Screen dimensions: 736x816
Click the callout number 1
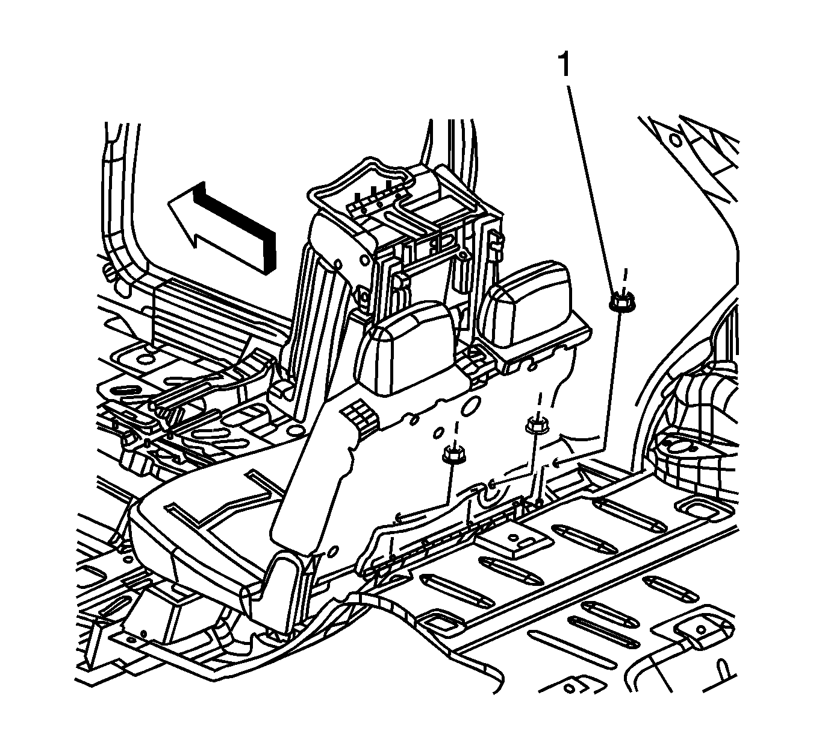point(564,65)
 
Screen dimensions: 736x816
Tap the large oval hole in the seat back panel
point(469,406)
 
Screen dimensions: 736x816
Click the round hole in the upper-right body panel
point(675,140)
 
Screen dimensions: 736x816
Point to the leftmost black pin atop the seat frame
point(358,200)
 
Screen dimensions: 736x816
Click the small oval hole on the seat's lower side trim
point(332,552)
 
